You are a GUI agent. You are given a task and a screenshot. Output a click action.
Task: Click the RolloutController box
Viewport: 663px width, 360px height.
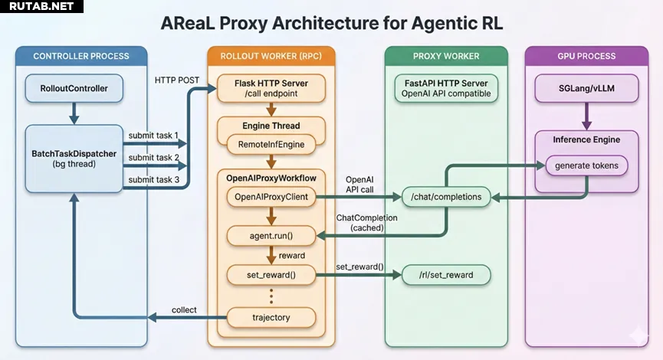click(x=74, y=89)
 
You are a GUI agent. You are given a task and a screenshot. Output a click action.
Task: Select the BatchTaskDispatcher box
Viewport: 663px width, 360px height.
click(x=74, y=159)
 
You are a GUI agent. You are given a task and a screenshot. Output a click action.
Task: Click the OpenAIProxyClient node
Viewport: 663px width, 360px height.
click(x=271, y=197)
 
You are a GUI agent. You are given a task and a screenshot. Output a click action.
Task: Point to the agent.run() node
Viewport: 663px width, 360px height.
click(x=271, y=236)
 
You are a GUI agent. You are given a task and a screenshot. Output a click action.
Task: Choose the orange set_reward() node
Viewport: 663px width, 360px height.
click(x=271, y=274)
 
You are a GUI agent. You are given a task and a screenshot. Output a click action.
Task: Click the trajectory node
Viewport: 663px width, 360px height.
click(x=271, y=316)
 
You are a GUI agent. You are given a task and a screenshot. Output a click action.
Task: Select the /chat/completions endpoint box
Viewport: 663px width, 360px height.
click(x=446, y=198)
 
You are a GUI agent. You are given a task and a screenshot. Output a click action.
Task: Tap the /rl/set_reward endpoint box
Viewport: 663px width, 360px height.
click(x=446, y=275)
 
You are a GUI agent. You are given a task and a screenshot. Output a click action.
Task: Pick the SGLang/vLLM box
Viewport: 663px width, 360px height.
click(x=587, y=89)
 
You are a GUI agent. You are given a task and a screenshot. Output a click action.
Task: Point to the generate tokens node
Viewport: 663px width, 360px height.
click(x=586, y=165)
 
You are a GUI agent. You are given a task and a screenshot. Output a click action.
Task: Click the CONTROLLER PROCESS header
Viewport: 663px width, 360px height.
click(x=80, y=56)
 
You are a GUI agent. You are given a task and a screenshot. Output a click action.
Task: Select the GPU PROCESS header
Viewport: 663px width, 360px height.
click(x=586, y=56)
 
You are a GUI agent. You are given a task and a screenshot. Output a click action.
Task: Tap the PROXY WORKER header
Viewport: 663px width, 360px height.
click(x=445, y=56)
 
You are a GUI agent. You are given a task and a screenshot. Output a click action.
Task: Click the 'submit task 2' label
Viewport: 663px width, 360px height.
click(x=153, y=157)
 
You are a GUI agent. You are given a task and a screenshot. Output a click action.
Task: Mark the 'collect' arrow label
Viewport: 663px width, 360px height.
click(x=184, y=309)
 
